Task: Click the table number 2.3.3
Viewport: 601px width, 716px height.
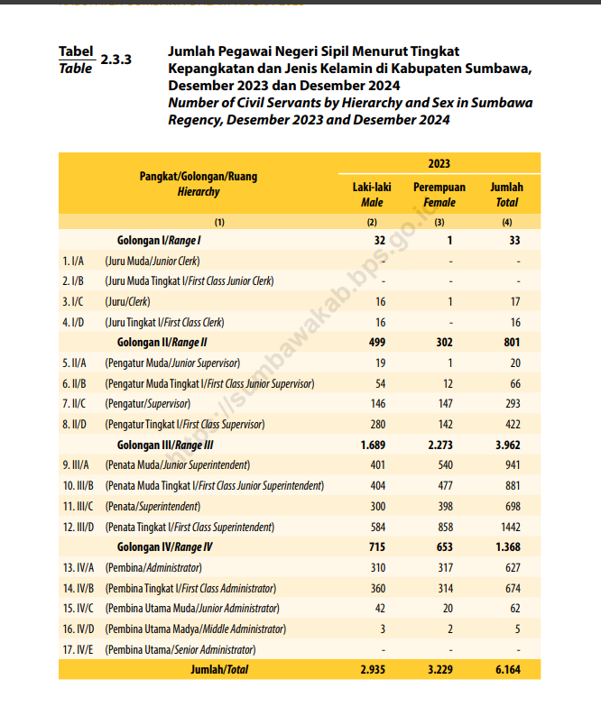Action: click(x=116, y=60)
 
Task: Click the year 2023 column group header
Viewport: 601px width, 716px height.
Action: click(x=439, y=163)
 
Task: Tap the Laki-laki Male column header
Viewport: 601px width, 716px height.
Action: click(x=371, y=194)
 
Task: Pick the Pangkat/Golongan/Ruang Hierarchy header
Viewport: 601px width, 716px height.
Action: click(x=198, y=184)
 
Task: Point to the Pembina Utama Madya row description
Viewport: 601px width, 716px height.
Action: click(x=195, y=629)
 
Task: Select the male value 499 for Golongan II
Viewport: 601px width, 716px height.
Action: click(x=376, y=343)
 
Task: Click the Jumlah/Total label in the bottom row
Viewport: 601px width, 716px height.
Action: click(x=219, y=670)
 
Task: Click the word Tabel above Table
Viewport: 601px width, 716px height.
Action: click(x=76, y=52)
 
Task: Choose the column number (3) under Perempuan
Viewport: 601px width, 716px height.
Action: click(x=439, y=222)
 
